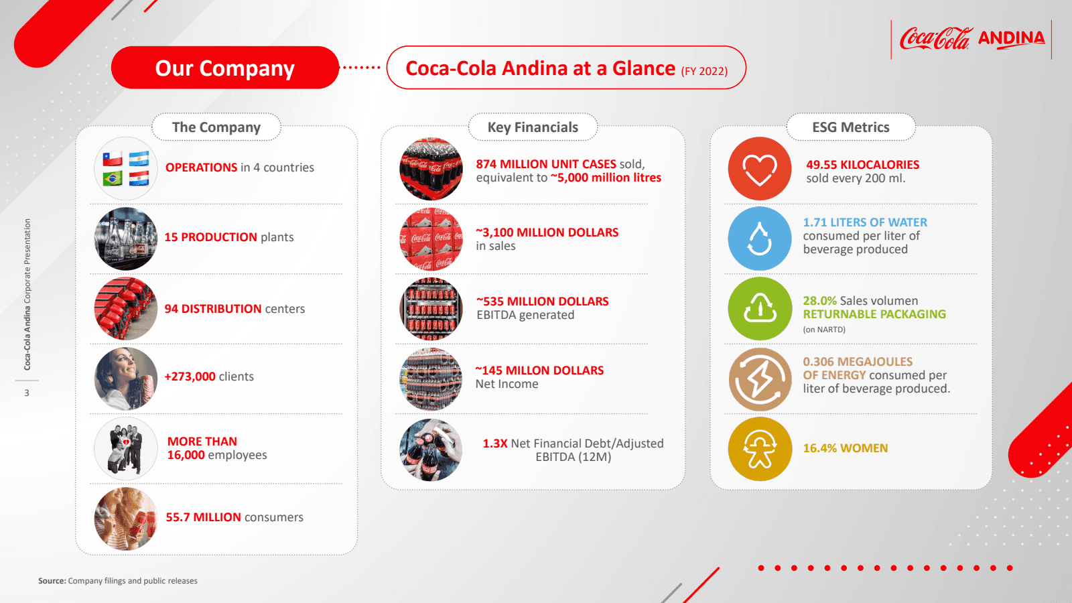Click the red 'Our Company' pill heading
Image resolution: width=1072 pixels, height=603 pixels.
tap(225, 68)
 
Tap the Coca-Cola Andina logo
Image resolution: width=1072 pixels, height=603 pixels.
tap(972, 39)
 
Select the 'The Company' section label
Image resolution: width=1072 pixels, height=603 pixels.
tap(216, 127)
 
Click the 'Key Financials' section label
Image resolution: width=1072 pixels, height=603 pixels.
tap(533, 127)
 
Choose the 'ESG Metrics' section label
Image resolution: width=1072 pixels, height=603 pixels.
tap(850, 127)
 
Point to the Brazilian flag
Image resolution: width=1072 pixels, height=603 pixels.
tap(113, 178)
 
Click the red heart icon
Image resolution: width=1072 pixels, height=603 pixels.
tap(760, 168)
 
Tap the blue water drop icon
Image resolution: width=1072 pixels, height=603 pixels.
tap(760, 239)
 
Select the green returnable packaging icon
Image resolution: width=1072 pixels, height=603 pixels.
tap(760, 309)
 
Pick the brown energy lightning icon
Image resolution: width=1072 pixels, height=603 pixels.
tap(760, 379)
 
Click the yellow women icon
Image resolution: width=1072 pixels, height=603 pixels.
tap(760, 449)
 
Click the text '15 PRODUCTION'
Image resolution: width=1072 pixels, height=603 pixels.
tap(210, 237)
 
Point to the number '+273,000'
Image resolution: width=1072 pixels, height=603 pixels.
tap(190, 377)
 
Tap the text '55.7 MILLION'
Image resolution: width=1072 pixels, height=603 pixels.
tap(204, 517)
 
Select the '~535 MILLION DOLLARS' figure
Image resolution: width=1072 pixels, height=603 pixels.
tap(543, 301)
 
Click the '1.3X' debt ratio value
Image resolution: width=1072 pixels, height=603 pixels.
tap(495, 444)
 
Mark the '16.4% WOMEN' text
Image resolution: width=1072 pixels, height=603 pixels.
tap(845, 448)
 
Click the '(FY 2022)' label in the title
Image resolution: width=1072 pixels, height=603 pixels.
tap(704, 71)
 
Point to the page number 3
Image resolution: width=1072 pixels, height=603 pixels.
tap(27, 393)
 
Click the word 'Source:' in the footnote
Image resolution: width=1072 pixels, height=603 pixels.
tap(52, 581)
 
